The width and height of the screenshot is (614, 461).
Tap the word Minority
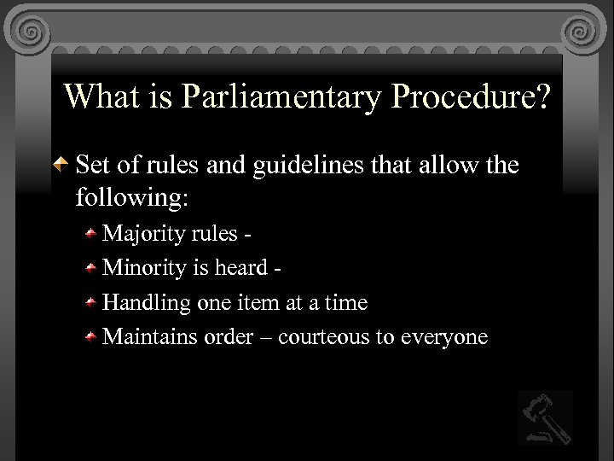tap(143, 267)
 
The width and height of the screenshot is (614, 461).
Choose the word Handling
tap(147, 302)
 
